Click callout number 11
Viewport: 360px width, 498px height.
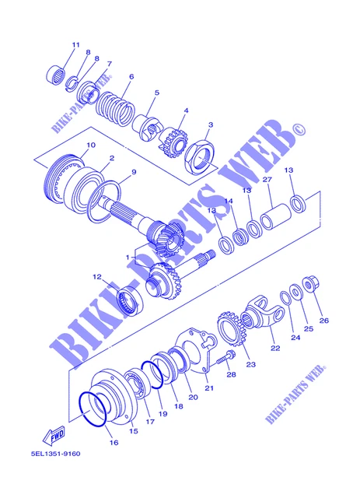76,44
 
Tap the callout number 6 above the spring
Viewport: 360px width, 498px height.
131,76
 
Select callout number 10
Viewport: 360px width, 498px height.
91,145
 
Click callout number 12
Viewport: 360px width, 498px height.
97,276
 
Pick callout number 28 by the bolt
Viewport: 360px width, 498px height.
230,374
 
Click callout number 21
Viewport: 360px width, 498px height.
208,388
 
